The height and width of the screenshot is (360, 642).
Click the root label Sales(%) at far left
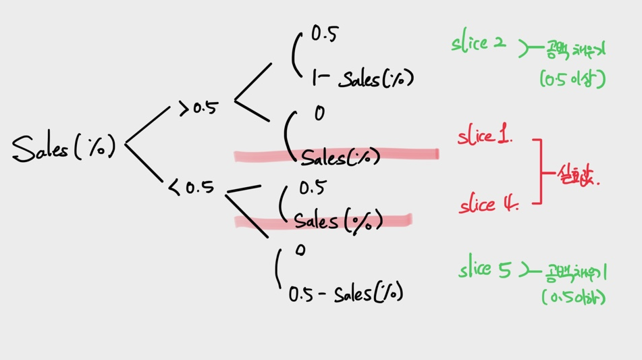(x=64, y=147)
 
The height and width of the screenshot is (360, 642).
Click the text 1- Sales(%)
(x=362, y=79)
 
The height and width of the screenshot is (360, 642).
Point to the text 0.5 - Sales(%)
(x=345, y=294)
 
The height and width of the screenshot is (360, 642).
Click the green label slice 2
(x=479, y=44)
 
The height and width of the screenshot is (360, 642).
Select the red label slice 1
(x=485, y=137)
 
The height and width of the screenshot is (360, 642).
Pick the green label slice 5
(x=485, y=270)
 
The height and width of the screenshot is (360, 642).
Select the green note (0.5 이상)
(x=572, y=79)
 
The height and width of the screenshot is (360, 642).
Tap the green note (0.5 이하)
(x=573, y=297)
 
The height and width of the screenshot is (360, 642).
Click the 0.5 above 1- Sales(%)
(x=324, y=34)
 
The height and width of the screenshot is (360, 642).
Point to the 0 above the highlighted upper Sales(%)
(x=319, y=113)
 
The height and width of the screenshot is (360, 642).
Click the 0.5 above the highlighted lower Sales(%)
(x=312, y=188)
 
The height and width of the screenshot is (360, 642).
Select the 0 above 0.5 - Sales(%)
(x=300, y=251)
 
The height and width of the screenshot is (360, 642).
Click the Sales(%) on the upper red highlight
(x=340, y=158)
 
